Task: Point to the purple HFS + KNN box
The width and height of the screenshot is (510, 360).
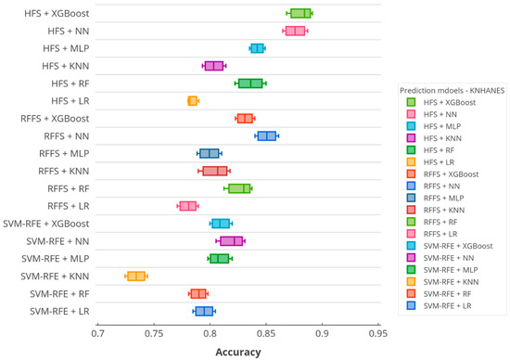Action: (x=214, y=65)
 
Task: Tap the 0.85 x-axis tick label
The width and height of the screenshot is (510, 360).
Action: (x=265, y=332)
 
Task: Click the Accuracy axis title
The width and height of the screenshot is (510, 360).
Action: (x=237, y=352)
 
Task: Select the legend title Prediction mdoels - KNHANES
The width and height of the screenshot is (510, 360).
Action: (x=447, y=90)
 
